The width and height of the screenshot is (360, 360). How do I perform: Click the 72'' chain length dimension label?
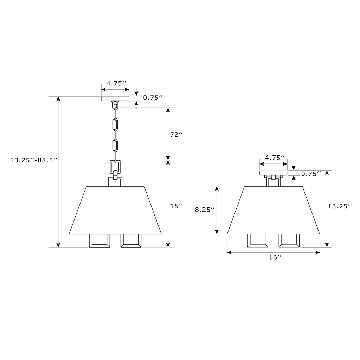coord(176,135)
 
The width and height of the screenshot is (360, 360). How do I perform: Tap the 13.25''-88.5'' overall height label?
coord(33,160)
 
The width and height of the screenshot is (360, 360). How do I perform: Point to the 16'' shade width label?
coord(275,257)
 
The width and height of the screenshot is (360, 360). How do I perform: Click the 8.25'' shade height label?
coord(205,210)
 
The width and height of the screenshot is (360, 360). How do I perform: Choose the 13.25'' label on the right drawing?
coord(340,206)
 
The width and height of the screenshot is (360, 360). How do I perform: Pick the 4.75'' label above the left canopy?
coord(116,83)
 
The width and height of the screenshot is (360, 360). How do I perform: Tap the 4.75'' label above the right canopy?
coord(275,157)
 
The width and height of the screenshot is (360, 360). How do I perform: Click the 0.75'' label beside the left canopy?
coord(153,98)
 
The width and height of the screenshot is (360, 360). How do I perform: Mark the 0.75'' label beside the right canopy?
coord(311,174)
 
